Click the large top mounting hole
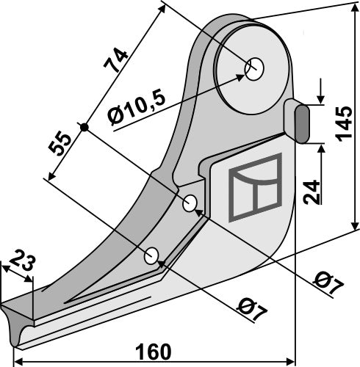254,69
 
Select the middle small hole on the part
191,203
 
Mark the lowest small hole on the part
152,255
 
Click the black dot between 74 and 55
85,127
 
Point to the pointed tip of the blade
6,305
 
